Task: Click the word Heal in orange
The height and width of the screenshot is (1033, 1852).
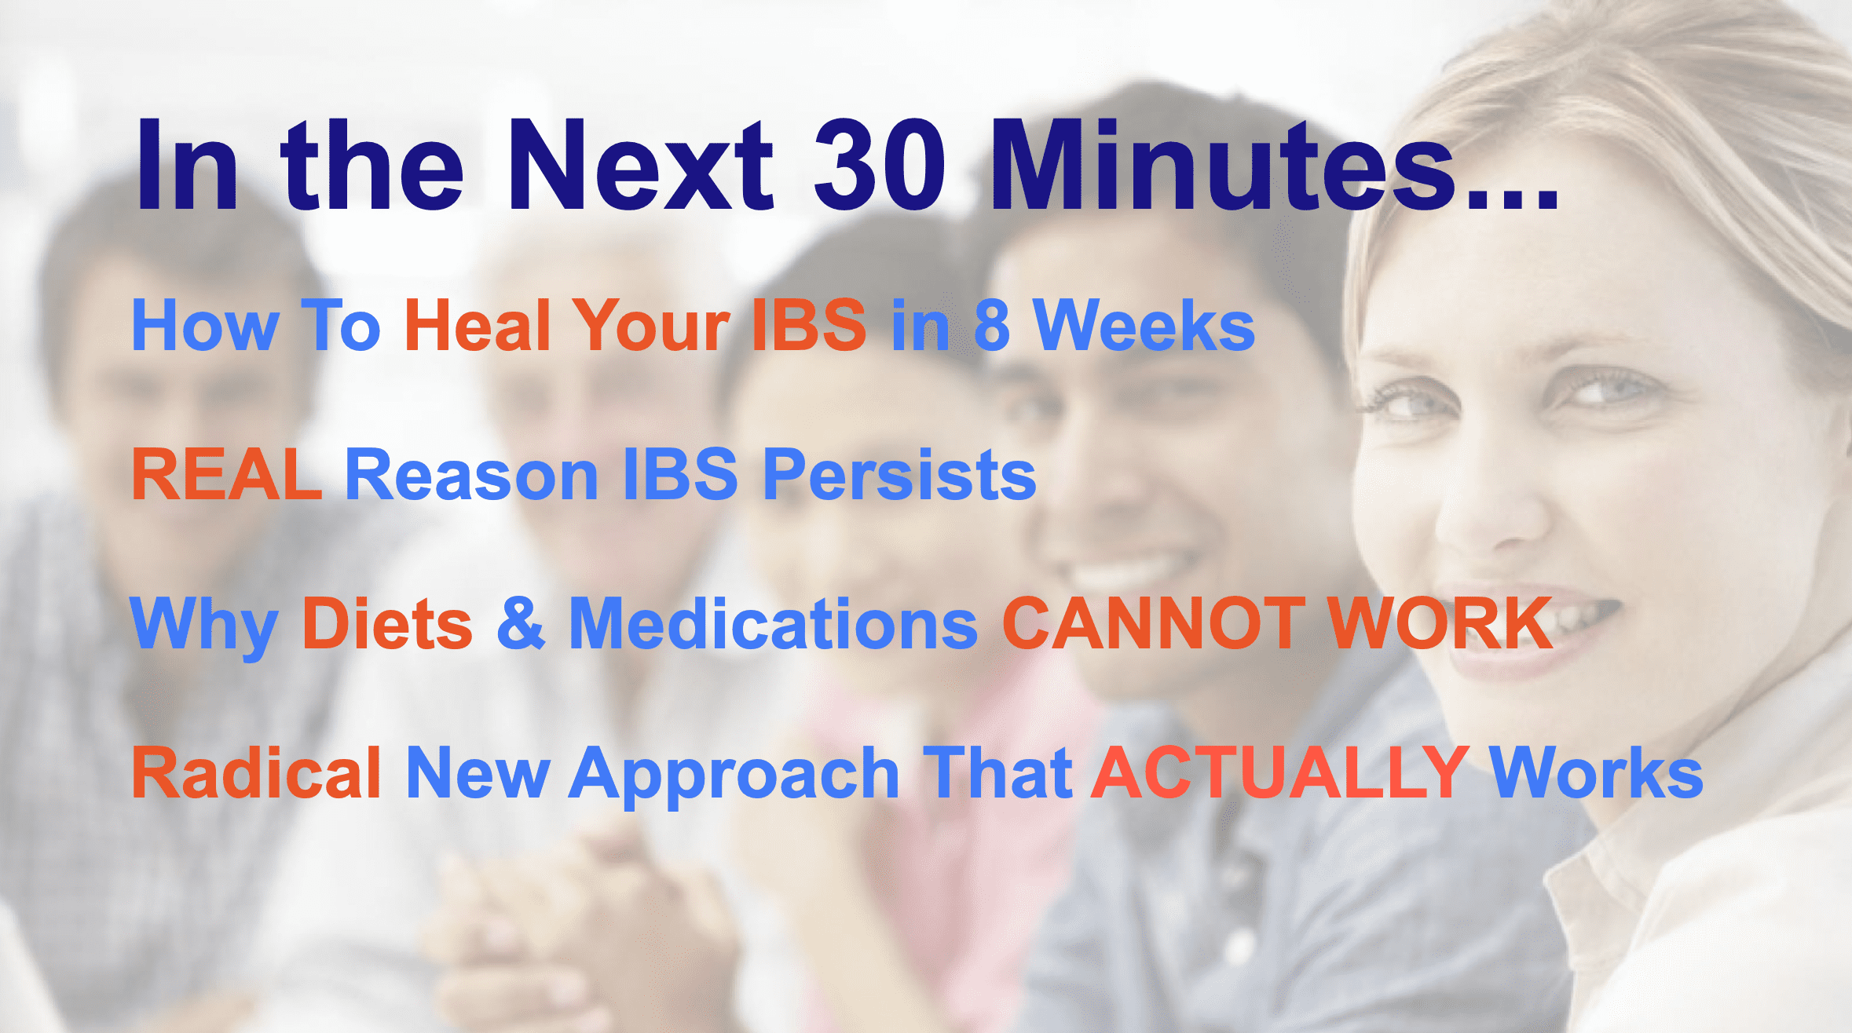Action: coord(478,325)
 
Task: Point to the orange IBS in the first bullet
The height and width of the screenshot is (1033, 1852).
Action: coord(809,325)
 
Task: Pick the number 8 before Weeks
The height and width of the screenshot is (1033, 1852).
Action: coord(992,325)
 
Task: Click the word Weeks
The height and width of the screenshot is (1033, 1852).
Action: coord(1144,325)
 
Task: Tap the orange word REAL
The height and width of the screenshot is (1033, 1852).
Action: coord(227,473)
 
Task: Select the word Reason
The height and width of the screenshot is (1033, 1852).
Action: coord(472,473)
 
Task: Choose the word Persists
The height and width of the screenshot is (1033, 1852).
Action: coord(900,473)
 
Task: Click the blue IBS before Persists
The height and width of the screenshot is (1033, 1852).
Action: coord(680,473)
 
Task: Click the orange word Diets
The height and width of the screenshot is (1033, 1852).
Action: coord(387,623)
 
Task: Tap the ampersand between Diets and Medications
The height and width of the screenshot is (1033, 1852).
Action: coord(521,623)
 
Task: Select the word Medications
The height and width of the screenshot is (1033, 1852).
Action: coord(773,623)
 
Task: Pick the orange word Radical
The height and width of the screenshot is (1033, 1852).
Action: coord(256,772)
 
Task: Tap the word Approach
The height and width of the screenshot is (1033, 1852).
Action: coord(734,777)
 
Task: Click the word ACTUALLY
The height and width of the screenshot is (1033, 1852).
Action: coord(1279,772)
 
